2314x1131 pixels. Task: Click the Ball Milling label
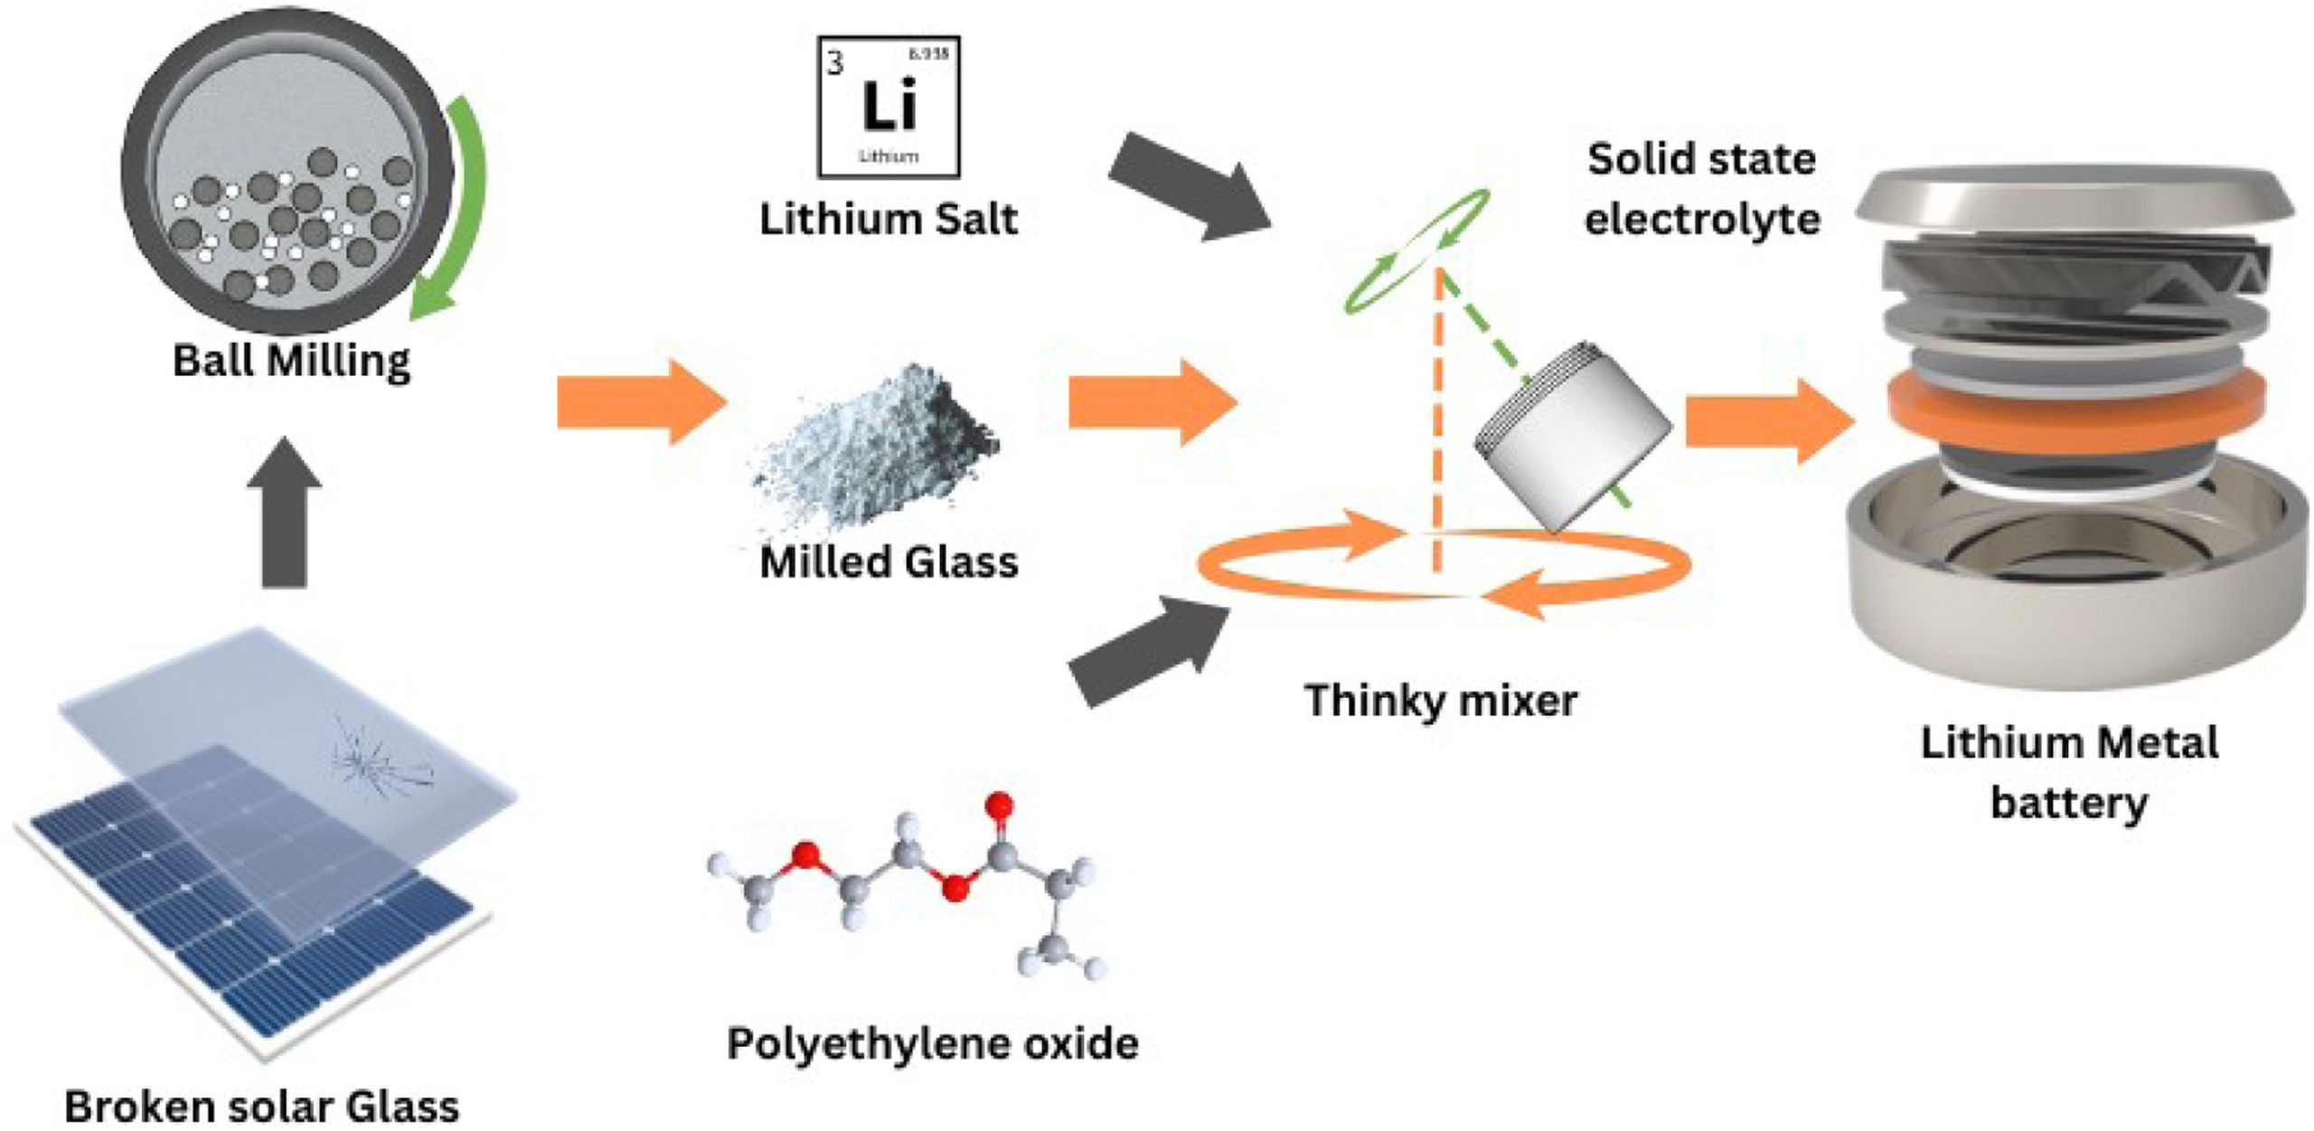pyautogui.click(x=291, y=361)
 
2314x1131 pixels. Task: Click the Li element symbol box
pyautogui.click(x=888, y=107)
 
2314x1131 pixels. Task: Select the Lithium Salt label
pyautogui.click(x=888, y=220)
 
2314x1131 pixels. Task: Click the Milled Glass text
pyautogui.click(x=889, y=562)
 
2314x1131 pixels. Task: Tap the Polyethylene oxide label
pyautogui.click(x=932, y=1043)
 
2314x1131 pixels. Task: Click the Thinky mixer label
pyautogui.click(x=1440, y=701)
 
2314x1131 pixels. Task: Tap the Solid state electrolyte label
pyautogui.click(x=1701, y=189)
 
